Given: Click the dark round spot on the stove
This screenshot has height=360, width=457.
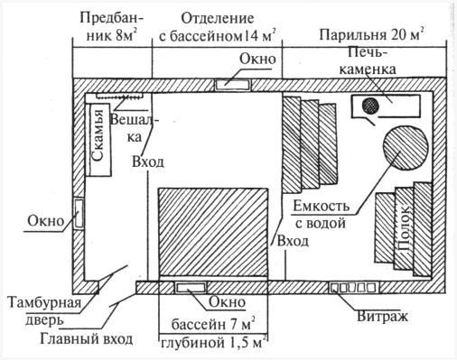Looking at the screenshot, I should coord(369,106).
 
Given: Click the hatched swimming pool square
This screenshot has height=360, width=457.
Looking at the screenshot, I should coord(214,232).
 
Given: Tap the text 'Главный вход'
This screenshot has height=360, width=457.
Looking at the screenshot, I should coord(86,340).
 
